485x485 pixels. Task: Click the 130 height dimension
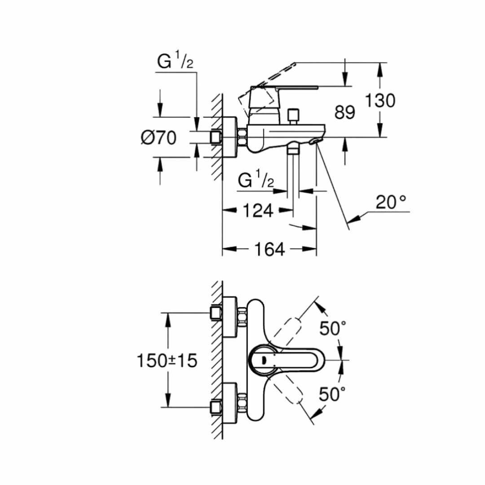point(380,100)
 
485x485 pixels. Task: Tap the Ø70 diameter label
point(159,137)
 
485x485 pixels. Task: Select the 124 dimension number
point(258,211)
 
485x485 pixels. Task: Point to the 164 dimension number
point(269,249)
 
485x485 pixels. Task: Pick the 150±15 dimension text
point(167,360)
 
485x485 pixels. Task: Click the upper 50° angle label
point(332,328)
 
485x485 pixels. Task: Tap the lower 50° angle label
point(332,394)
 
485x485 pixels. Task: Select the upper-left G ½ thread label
point(175,61)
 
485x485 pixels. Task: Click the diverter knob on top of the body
point(293,116)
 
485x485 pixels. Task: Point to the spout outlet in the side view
point(316,141)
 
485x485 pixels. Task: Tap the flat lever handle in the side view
point(284,88)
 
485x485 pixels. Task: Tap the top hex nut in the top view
point(242,317)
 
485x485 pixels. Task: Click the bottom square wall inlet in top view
point(216,408)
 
